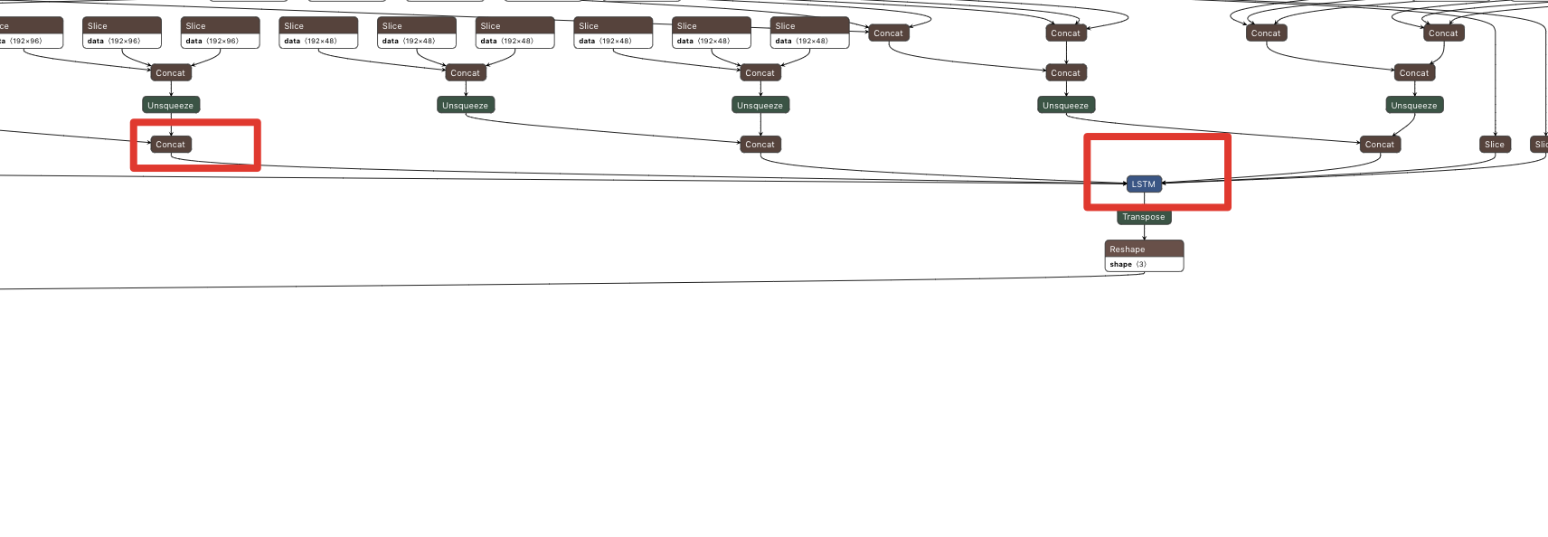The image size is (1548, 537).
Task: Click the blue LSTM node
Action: pyautogui.click(x=1143, y=184)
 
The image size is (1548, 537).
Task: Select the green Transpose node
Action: pyautogui.click(x=1144, y=217)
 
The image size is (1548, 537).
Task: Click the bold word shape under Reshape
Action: pyautogui.click(x=1120, y=264)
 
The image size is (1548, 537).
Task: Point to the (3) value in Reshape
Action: pyautogui.click(x=1141, y=264)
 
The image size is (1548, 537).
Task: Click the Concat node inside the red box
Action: pyautogui.click(x=170, y=145)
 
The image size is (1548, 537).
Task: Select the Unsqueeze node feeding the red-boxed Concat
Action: pyautogui.click(x=170, y=106)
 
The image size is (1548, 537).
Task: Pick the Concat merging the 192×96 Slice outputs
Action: pyautogui.click(x=170, y=73)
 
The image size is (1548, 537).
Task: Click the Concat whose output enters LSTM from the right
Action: pyautogui.click(x=1379, y=145)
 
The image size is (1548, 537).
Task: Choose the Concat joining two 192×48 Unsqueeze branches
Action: pyautogui.click(x=760, y=145)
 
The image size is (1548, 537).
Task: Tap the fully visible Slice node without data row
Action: pyautogui.click(x=1494, y=145)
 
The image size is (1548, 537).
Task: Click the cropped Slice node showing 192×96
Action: pyautogui.click(x=27, y=33)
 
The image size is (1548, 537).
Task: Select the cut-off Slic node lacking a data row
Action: pyautogui.click(x=1540, y=145)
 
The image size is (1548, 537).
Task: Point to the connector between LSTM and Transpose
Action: pyautogui.click(x=1144, y=201)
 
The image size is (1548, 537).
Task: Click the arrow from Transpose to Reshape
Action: pyautogui.click(x=1144, y=232)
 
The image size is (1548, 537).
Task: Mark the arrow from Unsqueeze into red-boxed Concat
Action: pyautogui.click(x=170, y=125)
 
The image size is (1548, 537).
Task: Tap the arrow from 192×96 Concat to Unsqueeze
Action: pyautogui.click(x=170, y=89)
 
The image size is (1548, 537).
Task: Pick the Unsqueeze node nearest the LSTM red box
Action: pyautogui.click(x=1065, y=106)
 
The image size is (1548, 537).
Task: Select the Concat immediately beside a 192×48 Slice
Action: pyautogui.click(x=888, y=33)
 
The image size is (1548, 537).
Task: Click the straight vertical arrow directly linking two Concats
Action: pyautogui.click(x=1065, y=52)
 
